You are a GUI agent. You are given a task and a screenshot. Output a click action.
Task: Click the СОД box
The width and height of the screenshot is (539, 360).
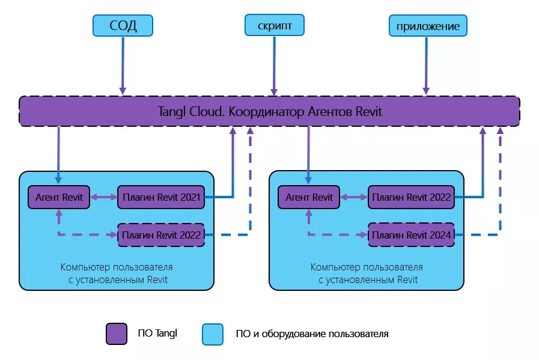click(123, 26)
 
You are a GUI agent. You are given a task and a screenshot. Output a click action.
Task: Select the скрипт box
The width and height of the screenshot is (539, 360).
click(274, 26)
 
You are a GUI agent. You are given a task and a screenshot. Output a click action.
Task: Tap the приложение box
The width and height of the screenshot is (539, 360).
click(428, 26)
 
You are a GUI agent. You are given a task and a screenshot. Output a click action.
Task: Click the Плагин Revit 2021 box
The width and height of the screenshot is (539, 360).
click(161, 197)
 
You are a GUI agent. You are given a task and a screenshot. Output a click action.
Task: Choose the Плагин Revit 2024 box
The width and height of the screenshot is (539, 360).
click(412, 234)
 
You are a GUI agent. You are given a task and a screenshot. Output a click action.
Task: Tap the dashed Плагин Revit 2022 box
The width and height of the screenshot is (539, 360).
click(161, 234)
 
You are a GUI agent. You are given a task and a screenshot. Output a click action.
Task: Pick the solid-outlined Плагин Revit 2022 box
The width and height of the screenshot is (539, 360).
click(412, 197)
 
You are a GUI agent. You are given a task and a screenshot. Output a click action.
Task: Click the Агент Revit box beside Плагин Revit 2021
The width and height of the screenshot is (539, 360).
click(59, 197)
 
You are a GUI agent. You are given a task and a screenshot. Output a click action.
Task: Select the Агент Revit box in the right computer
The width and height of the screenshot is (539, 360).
click(309, 197)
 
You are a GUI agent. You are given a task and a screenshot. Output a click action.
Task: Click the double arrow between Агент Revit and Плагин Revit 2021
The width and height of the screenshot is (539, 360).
click(104, 197)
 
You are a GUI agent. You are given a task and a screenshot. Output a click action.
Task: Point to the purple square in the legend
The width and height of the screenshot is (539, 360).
click(116, 334)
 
